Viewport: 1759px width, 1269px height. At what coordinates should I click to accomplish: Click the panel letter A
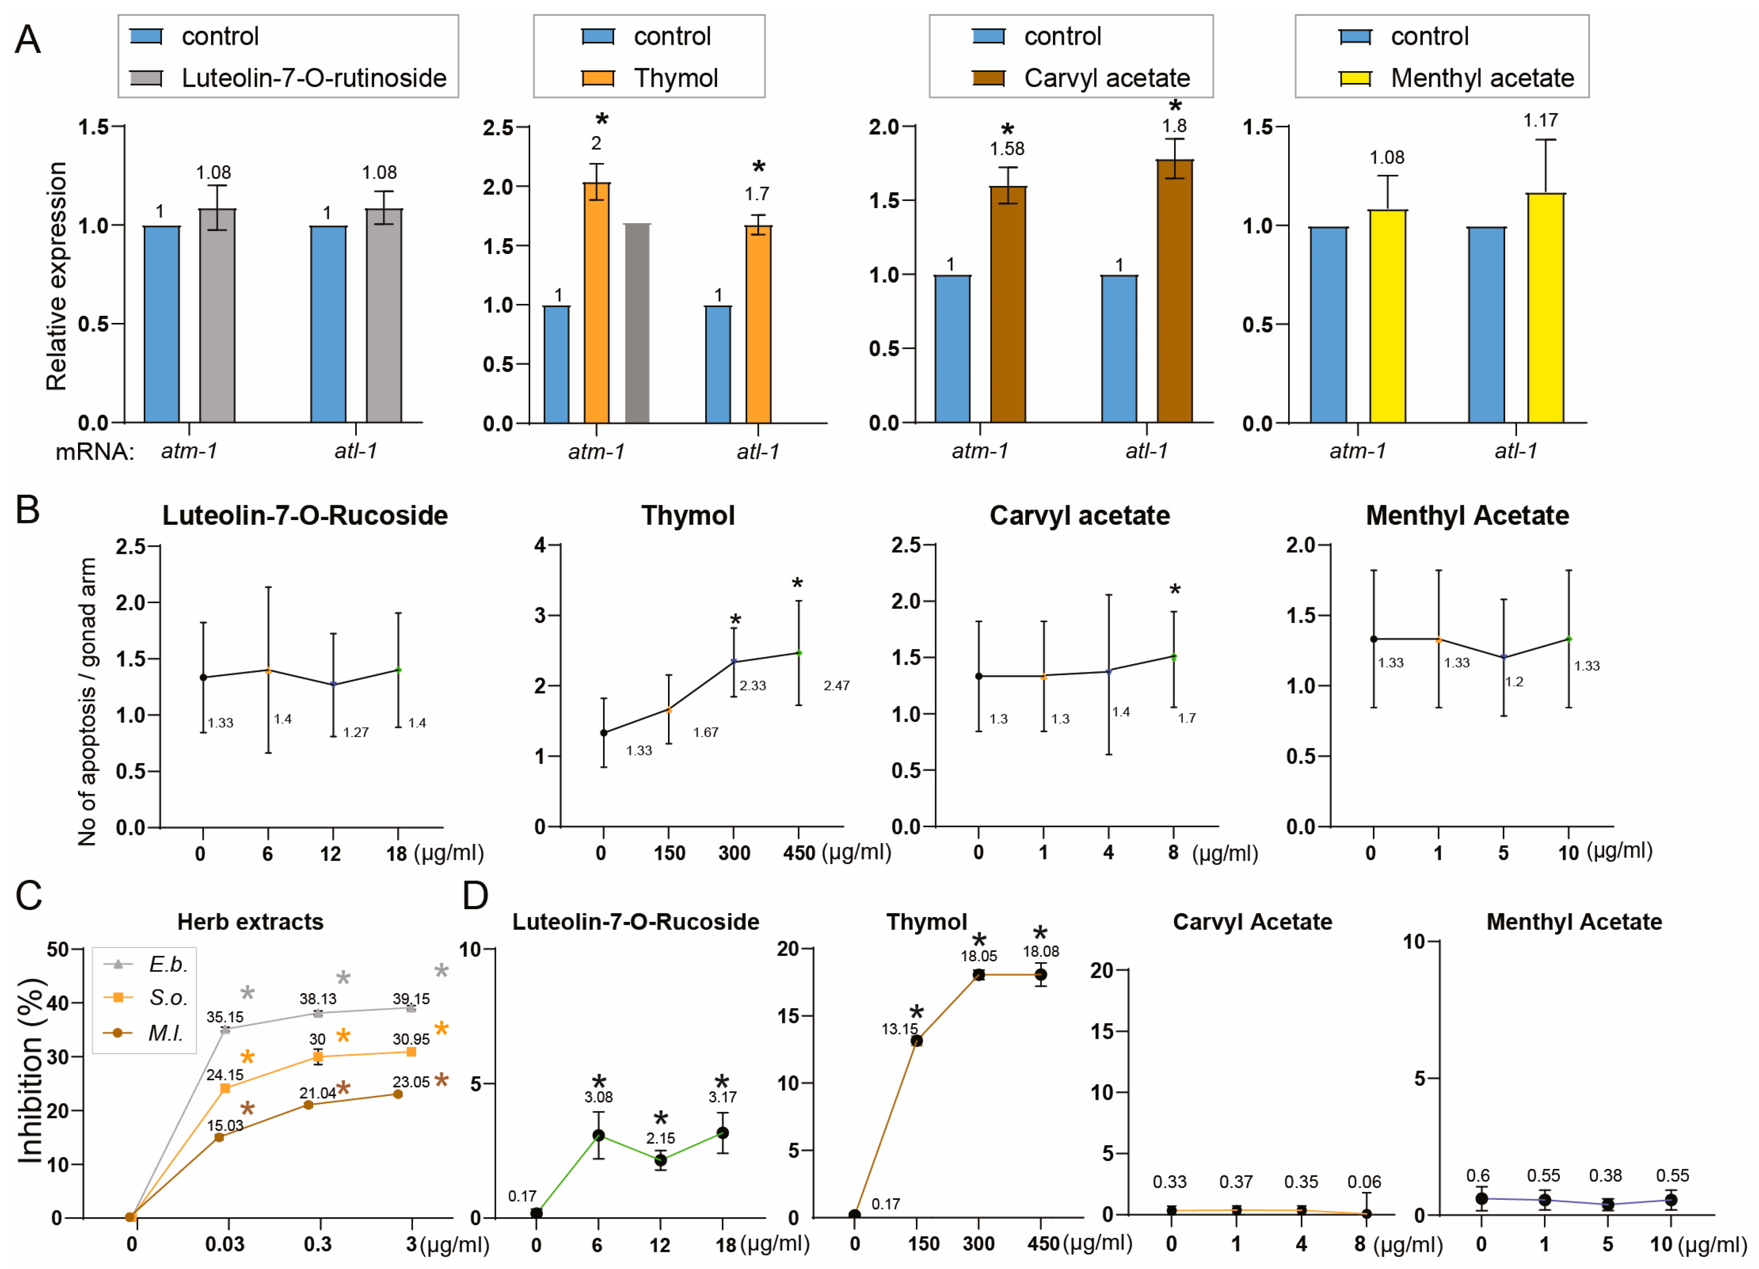coord(28,39)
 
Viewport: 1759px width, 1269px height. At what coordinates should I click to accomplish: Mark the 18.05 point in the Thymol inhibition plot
coord(979,975)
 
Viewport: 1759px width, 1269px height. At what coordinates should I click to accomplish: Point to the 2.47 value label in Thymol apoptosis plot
coord(836,686)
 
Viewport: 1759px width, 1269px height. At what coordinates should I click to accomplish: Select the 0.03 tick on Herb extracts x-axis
coord(225,1244)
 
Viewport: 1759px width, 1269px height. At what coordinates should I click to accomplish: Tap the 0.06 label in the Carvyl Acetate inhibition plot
coord(1364,1182)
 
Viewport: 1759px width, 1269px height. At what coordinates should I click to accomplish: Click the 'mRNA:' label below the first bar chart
coord(95,451)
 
